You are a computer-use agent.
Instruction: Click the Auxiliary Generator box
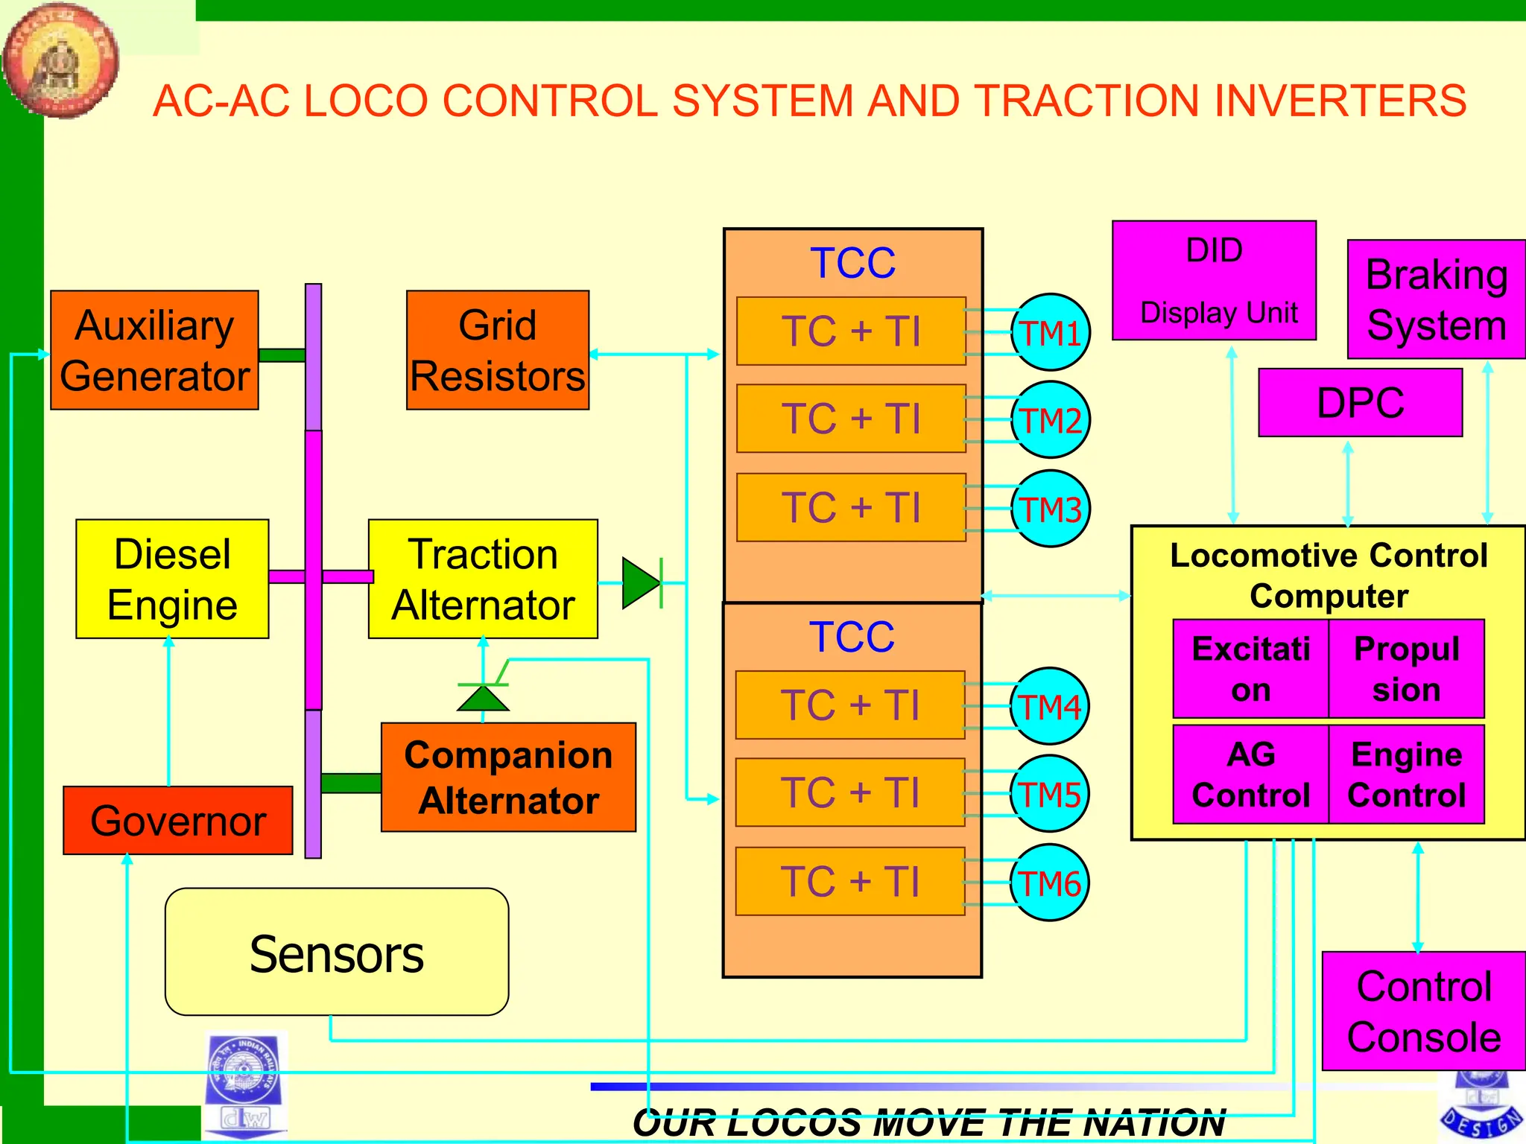coord(154,350)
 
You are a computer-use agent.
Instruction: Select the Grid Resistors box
coord(497,350)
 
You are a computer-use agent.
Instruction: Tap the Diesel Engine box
coord(172,579)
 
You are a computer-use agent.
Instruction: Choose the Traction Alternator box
coord(483,579)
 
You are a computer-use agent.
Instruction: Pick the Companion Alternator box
coord(508,777)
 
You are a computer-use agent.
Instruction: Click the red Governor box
coord(177,820)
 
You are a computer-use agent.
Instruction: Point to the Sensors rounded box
coord(337,952)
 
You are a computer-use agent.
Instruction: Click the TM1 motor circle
coord(1051,332)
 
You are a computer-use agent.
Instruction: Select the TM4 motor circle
coord(1050,706)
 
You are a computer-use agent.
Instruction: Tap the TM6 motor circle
coord(1050,883)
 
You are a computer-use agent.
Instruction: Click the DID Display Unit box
coord(1214,281)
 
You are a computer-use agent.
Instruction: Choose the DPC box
coord(1360,402)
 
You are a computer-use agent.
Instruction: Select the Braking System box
coord(1436,299)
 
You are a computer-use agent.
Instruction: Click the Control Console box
coord(1423,1011)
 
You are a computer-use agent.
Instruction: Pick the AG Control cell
coord(1250,775)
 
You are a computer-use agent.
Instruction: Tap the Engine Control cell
coord(1406,775)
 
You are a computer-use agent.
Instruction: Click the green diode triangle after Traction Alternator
coord(640,582)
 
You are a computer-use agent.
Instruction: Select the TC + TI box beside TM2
coord(851,419)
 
